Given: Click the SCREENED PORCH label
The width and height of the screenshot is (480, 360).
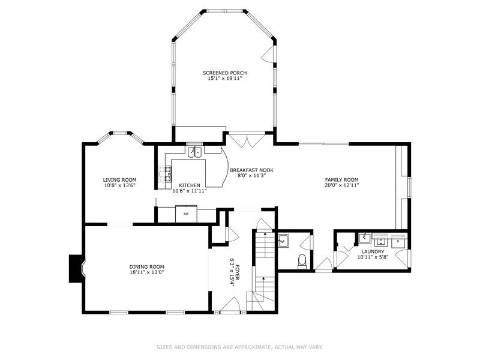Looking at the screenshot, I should [x=224, y=73].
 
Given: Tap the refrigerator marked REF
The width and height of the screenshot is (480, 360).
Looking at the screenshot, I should [x=186, y=214].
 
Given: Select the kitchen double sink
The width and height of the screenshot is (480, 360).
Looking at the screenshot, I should [x=194, y=152].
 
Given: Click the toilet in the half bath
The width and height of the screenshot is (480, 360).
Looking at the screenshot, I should [x=303, y=261].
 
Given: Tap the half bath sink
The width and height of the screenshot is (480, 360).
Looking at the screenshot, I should [x=284, y=241].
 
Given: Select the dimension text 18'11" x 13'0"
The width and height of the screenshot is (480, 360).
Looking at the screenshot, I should [x=147, y=272].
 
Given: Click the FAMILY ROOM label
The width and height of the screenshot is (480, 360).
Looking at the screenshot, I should [x=341, y=179].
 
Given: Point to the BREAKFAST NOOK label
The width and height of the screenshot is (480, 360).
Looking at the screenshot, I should [x=251, y=170].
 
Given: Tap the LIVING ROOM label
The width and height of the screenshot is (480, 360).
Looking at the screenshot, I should [x=119, y=179].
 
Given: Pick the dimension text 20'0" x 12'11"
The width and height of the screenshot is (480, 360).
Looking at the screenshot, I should [x=341, y=185].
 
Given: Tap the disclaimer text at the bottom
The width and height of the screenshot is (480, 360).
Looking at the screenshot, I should [x=239, y=347].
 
